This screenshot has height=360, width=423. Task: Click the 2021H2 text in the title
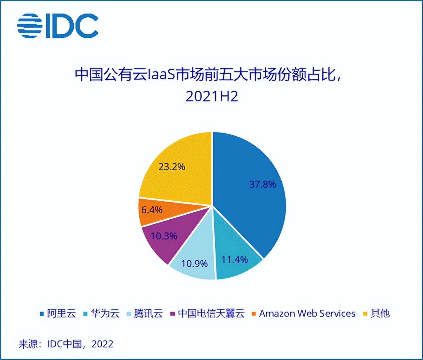[212, 97]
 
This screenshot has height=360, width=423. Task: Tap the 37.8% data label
[262, 184]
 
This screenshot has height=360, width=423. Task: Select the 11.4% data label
[234, 260]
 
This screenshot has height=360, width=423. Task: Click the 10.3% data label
[164, 236]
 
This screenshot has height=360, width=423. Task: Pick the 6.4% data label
[152, 210]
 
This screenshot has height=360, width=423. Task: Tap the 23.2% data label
[172, 166]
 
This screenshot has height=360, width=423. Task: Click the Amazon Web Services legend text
[307, 313]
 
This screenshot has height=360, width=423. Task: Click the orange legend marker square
[254, 314]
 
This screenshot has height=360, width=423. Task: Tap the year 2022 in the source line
[102, 344]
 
